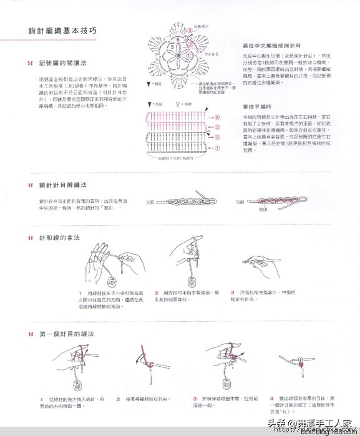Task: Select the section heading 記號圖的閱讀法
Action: pyautogui.click(x=62, y=64)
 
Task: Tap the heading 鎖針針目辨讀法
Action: pyautogui.click(x=62, y=185)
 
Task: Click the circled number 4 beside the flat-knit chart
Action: pyautogui.click(x=217, y=117)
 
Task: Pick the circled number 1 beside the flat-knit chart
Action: pyautogui.click(x=217, y=148)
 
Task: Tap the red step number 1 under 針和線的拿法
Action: pyautogui.click(x=80, y=293)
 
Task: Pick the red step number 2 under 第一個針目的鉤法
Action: pyautogui.click(x=118, y=399)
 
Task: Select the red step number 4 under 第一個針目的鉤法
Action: pyautogui.click(x=271, y=399)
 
